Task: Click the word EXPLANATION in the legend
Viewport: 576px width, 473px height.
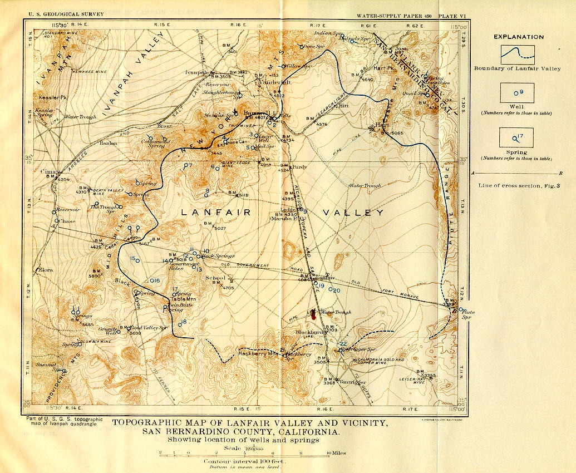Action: pos(518,37)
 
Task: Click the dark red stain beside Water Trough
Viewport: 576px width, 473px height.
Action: pos(314,314)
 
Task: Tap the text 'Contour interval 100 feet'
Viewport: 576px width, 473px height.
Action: pos(244,461)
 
